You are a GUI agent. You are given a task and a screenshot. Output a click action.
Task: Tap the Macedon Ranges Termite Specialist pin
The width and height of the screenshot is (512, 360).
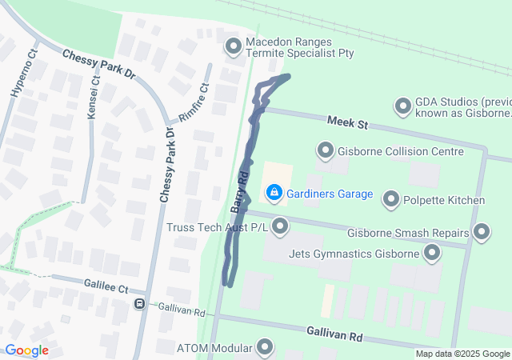point(234,46)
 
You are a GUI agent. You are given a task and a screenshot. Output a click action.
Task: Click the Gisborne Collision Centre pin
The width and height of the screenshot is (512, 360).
point(326,150)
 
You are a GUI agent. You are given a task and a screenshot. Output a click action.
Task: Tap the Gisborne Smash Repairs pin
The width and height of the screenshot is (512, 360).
point(482,233)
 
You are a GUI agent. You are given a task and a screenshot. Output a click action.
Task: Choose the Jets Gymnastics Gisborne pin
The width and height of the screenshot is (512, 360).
point(433,254)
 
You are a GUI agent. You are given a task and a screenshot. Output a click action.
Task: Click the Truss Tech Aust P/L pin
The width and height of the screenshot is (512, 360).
point(280,228)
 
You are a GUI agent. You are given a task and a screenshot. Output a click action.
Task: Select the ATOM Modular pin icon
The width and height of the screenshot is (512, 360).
point(265,348)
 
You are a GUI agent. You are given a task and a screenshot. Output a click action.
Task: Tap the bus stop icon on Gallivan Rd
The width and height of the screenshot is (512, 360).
point(139,304)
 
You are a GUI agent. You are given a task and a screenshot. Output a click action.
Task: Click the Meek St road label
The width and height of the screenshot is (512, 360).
point(347,123)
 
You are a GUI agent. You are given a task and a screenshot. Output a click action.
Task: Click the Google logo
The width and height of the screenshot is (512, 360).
point(26,350)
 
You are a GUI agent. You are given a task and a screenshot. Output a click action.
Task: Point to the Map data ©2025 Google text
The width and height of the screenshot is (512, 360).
point(462,354)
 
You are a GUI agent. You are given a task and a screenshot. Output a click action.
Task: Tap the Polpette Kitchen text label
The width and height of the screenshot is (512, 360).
point(445,199)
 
